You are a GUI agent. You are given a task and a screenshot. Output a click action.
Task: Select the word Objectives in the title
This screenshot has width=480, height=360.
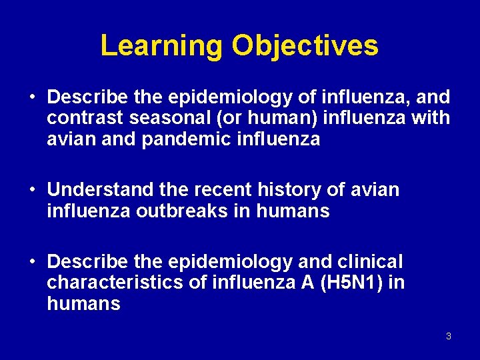pos(305,46)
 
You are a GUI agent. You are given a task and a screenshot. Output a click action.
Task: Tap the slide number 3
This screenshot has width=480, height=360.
pos(448,336)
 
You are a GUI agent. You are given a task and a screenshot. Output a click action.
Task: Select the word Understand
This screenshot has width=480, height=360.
pos(101,190)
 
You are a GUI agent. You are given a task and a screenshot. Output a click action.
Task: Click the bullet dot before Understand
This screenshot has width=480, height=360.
pos(33,191)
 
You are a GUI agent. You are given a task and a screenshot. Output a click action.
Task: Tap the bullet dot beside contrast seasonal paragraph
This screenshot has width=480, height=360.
pos(33,98)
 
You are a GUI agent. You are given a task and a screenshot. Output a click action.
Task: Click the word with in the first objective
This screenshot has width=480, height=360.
pos(432,119)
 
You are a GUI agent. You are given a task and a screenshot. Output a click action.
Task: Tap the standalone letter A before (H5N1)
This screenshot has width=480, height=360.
pos(307,283)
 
